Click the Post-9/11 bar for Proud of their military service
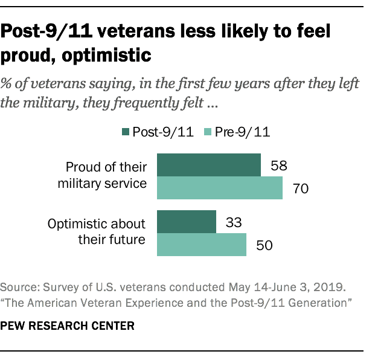pyautogui.click(x=208, y=165)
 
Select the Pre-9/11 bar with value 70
pyautogui.click(x=219, y=188)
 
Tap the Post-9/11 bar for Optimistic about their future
pyautogui.click(x=186, y=222)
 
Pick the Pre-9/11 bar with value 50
pyautogui.click(x=201, y=245)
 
